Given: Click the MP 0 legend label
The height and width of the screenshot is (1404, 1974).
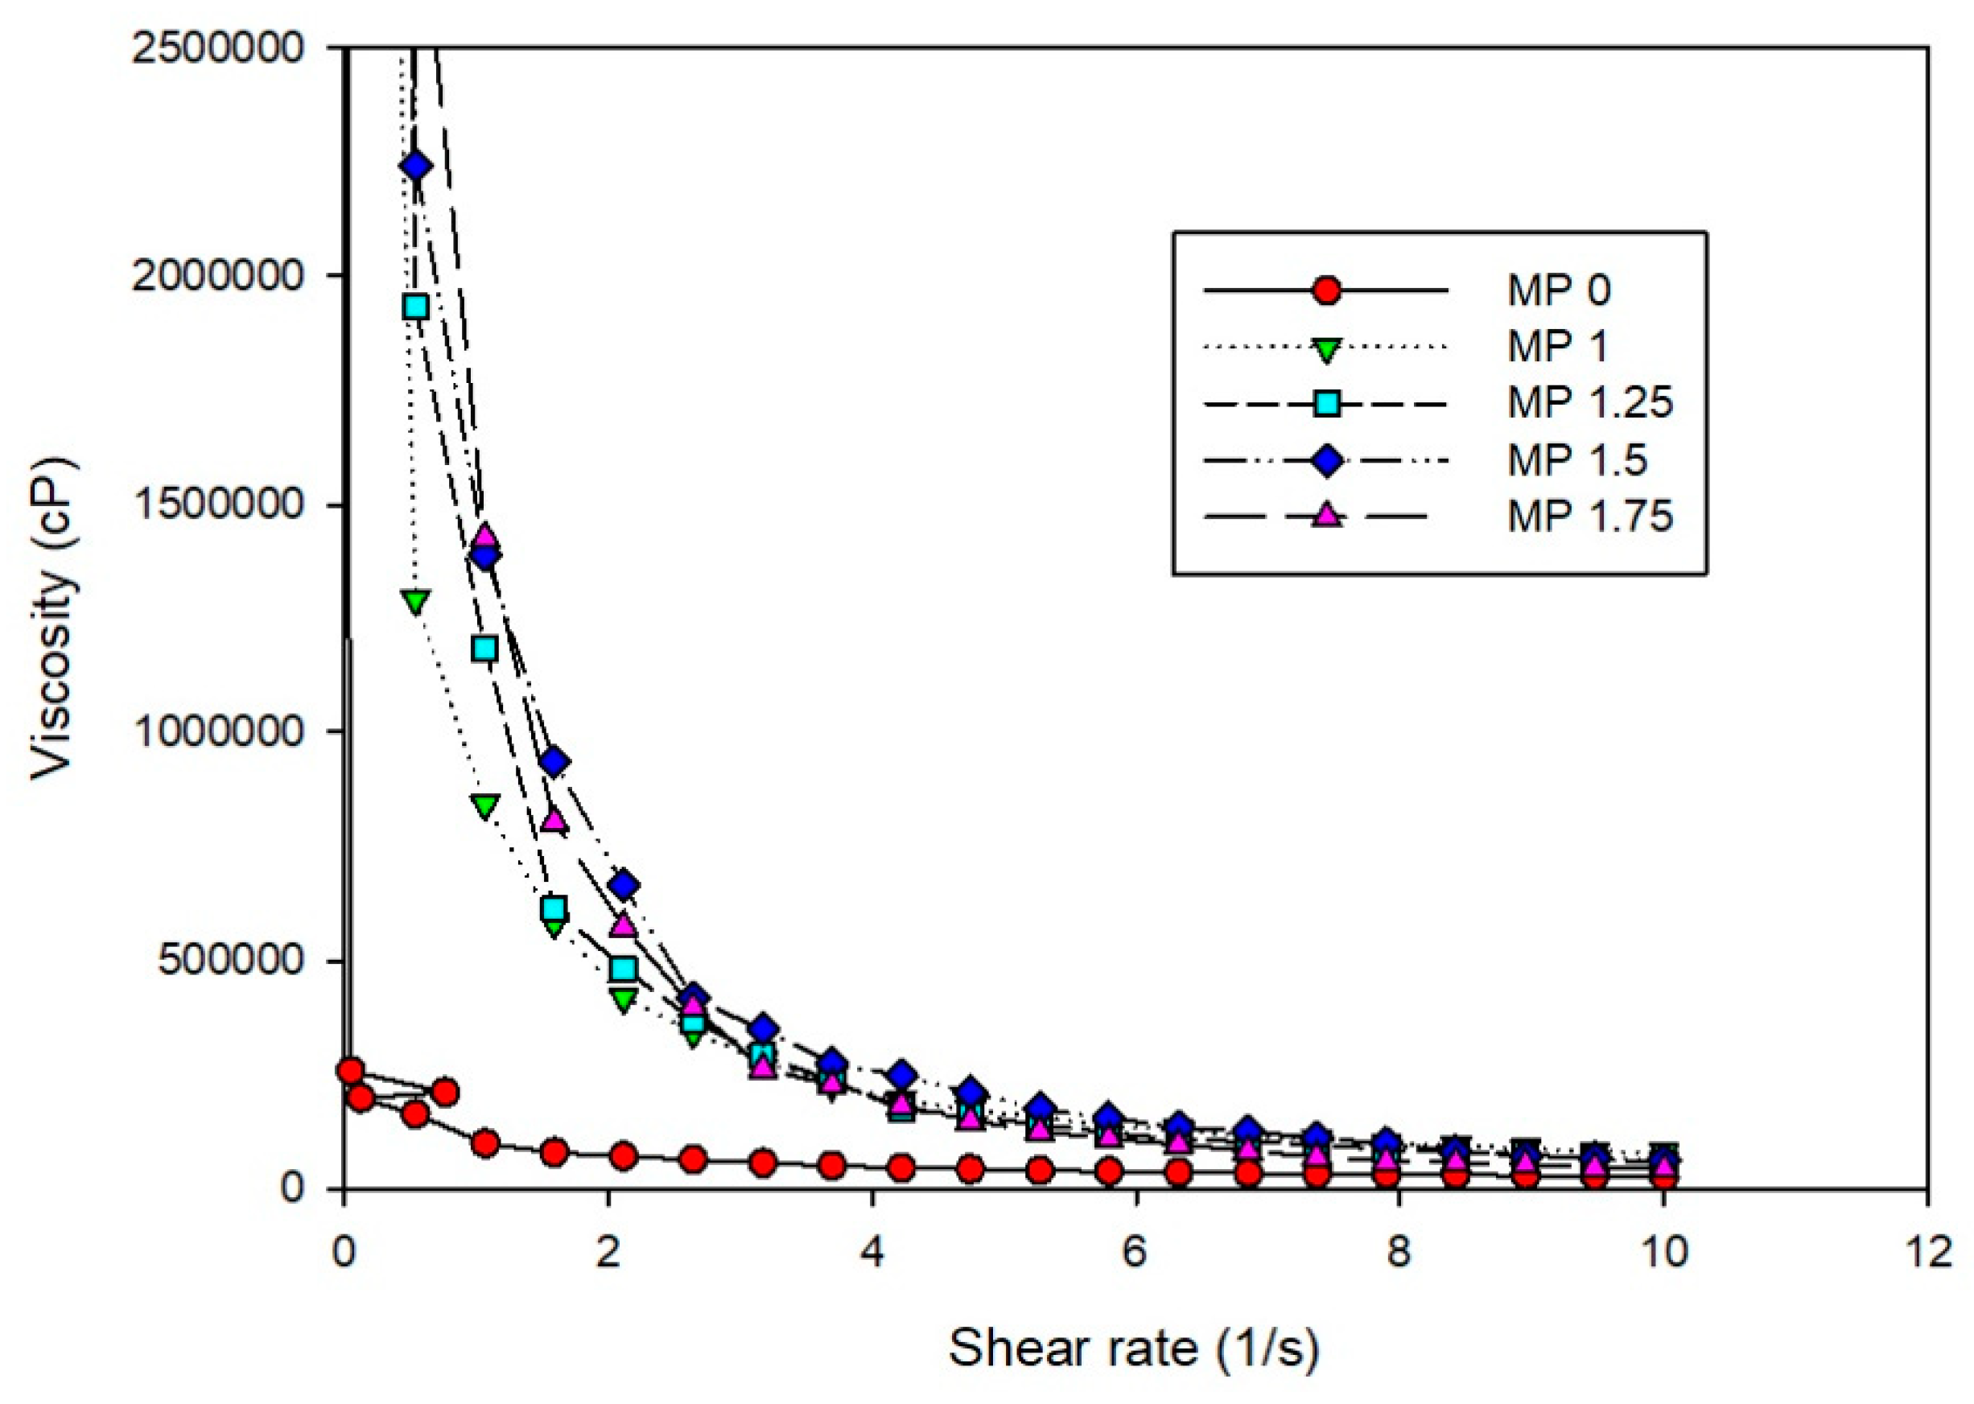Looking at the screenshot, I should point(1558,290).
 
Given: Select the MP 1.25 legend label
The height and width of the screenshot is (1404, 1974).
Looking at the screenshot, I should point(1589,403).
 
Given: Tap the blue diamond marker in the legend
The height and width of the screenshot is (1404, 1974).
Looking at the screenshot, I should point(1325,460).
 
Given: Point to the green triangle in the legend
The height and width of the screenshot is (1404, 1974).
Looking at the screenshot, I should point(1325,348).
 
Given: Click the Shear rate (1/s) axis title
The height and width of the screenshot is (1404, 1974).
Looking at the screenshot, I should point(1134,1348).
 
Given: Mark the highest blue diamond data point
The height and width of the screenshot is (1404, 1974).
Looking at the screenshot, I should point(416,165).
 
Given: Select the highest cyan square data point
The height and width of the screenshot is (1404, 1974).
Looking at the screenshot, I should point(416,307).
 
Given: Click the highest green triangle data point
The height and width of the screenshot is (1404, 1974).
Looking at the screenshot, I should point(416,601).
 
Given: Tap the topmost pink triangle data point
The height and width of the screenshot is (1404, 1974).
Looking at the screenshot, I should point(485,536).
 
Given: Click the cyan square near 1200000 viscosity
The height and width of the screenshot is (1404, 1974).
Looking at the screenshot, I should point(485,648).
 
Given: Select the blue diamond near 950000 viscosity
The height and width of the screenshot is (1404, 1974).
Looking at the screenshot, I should point(554,763).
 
